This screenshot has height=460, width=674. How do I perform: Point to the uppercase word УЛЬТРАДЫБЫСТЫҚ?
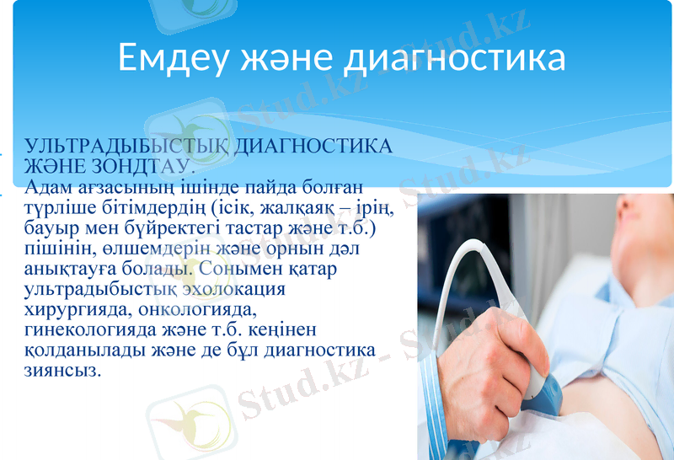point(127,145)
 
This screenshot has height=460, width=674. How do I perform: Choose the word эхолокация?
point(233,291)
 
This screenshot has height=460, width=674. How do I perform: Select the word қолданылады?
point(78,350)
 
